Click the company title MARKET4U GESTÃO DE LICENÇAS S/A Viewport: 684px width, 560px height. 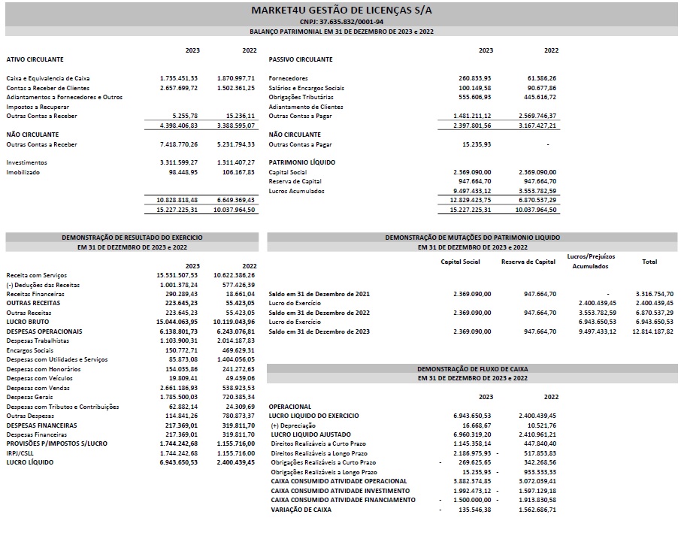coord(341,10)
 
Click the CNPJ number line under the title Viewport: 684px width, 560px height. coord(341,22)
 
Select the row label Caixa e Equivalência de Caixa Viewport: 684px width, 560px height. coord(48,78)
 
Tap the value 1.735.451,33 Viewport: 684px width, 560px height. coord(178,78)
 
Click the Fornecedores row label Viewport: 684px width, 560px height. coord(288,78)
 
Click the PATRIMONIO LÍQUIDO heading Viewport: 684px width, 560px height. coord(302,162)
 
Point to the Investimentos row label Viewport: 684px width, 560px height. coord(26,162)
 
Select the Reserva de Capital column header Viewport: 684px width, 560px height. coord(528,262)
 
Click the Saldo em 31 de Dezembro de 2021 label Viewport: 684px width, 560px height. coord(319,293)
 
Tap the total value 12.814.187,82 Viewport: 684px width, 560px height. coord(653,331)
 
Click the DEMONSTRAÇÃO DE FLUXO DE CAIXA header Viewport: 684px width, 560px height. coord(473,369)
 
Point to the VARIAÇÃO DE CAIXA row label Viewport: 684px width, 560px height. coord(301,510)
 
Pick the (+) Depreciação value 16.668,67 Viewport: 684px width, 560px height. coord(475,425)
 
